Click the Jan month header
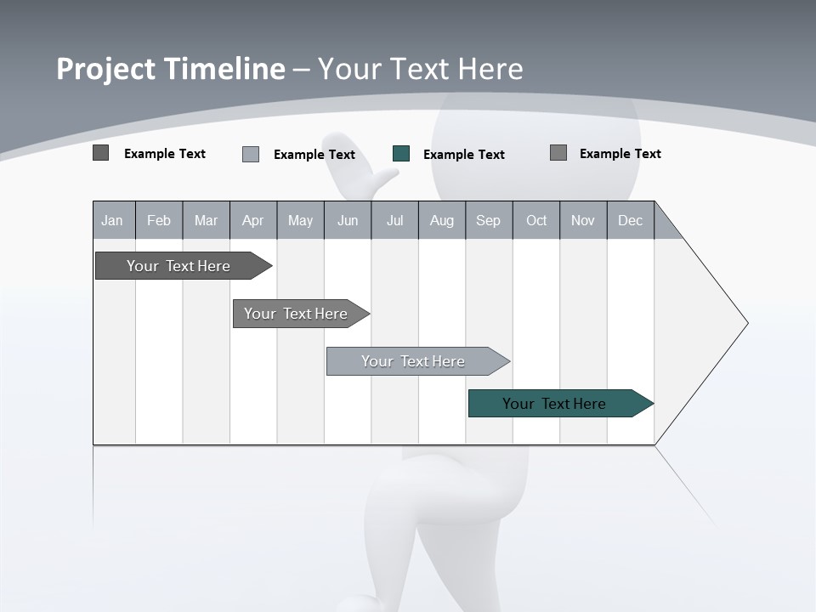click(113, 221)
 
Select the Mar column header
click(206, 221)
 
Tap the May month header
click(300, 221)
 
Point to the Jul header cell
click(394, 221)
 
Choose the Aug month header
click(441, 221)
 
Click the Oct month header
click(536, 221)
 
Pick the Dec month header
click(630, 221)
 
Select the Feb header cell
click(159, 221)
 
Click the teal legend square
click(401, 154)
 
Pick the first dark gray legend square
click(101, 153)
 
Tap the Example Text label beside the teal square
click(463, 155)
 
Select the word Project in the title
click(106, 69)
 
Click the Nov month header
click(583, 221)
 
